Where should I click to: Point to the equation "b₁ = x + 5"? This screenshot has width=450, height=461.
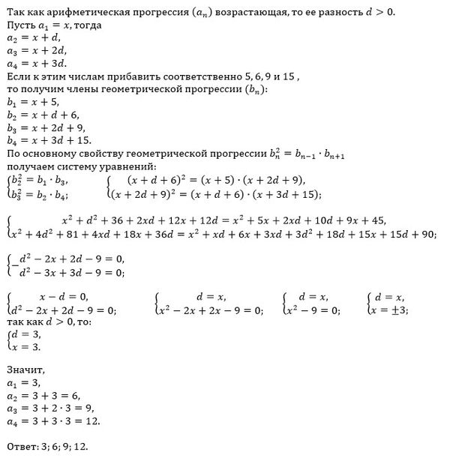[x=33, y=101]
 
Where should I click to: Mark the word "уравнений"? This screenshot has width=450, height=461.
[x=124, y=166]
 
